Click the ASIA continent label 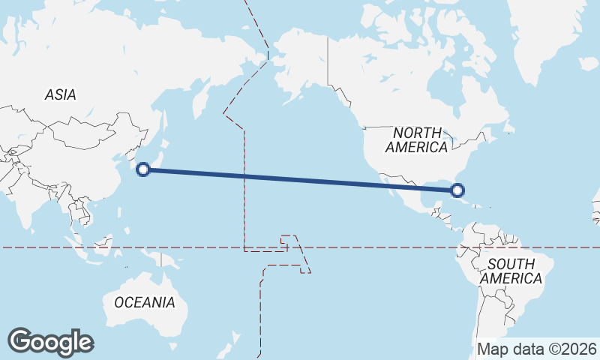60,95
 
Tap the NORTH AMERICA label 416,139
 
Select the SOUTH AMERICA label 511,271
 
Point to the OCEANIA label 145,303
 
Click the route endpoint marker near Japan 144,169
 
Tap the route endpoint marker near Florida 459,190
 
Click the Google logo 50,342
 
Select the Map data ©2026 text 537,349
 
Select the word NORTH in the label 417,131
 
